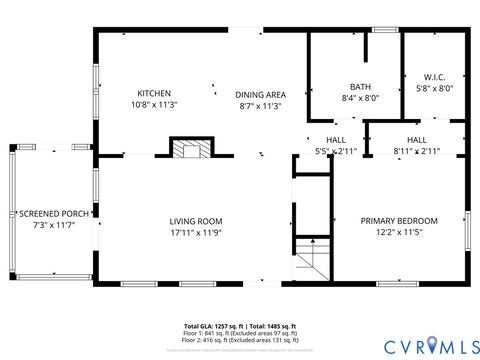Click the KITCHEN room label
point(154,93)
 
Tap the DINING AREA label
point(260,95)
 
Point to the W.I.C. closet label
point(434,76)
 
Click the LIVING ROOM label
point(195,221)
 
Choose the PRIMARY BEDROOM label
point(399,221)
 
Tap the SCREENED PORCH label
point(56,214)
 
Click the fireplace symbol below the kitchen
point(189,150)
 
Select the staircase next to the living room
point(312,262)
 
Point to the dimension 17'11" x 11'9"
point(195,233)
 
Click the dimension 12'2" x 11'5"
point(399,233)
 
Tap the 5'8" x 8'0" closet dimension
point(434,88)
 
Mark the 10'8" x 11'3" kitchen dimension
point(154,105)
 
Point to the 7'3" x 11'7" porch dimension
point(56,225)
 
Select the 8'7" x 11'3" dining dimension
point(260,106)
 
